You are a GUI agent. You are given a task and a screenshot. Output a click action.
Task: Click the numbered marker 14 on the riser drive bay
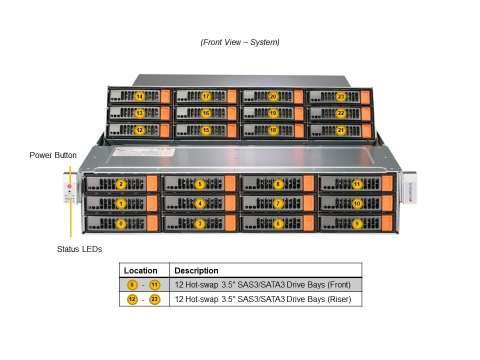pyautogui.click(x=139, y=96)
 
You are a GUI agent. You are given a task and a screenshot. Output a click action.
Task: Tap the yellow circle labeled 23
pyautogui.click(x=341, y=96)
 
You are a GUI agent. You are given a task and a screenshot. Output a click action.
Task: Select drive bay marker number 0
pyautogui.click(x=120, y=224)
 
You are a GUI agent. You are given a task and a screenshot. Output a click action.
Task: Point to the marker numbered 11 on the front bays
pyautogui.click(x=357, y=184)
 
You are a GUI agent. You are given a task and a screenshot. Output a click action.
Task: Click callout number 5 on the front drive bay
pyautogui.click(x=200, y=184)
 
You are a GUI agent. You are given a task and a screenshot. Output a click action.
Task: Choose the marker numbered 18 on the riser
pyautogui.click(x=273, y=130)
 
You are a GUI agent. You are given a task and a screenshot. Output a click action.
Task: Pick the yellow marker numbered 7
pyautogui.click(x=278, y=204)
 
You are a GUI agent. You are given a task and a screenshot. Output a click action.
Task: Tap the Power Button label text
pyautogui.click(x=53, y=155)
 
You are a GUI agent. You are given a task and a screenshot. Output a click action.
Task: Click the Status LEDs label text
pyautogui.click(x=79, y=249)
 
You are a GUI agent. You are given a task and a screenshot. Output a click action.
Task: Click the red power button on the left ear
pyautogui.click(x=69, y=186)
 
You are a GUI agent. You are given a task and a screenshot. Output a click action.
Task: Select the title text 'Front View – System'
pyautogui.click(x=240, y=42)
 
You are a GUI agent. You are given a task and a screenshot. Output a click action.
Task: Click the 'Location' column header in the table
pyautogui.click(x=140, y=270)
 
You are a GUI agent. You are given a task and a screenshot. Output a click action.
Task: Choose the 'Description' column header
pyautogui.click(x=196, y=270)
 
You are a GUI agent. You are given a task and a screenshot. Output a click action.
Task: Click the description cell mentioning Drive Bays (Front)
pyautogui.click(x=262, y=285)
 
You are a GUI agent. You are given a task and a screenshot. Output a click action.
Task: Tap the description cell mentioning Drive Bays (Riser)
pyautogui.click(x=262, y=299)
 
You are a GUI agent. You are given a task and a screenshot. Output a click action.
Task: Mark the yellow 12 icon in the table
pyautogui.click(x=132, y=299)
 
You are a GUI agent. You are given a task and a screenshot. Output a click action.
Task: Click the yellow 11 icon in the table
pyautogui.click(x=155, y=285)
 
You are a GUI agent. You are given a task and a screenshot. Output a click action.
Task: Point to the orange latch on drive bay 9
pyautogui.click(x=388, y=223)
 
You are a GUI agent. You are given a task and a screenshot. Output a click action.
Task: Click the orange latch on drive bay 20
pyautogui.click(x=298, y=96)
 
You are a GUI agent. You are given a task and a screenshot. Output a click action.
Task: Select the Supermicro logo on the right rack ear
pyautogui.click(x=410, y=191)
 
